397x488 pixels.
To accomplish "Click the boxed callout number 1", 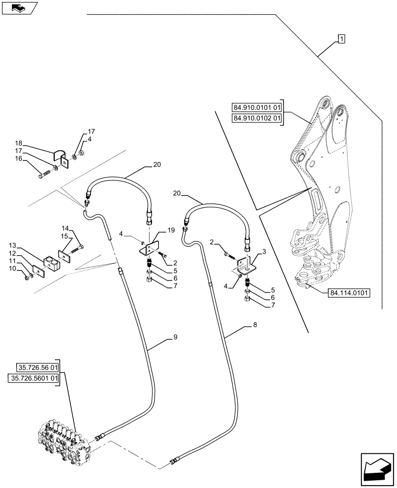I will [341, 39].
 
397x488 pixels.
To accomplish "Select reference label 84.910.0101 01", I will [257, 107].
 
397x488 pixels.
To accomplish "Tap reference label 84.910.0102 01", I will [257, 118].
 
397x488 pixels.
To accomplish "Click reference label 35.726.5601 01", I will [34, 378].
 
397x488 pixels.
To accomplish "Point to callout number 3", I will [264, 252].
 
